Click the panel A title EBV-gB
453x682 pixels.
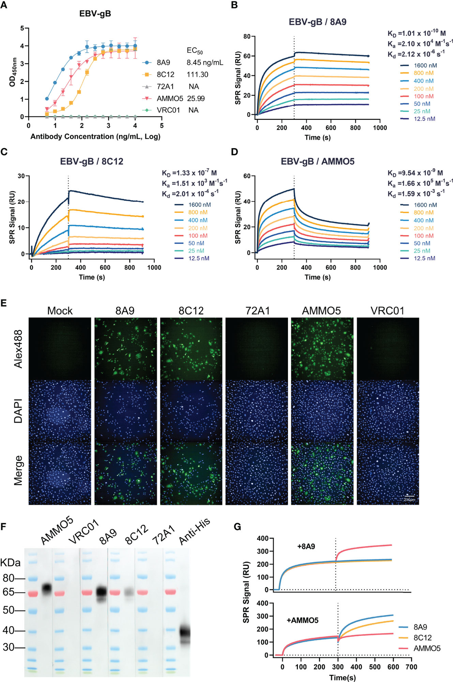click(95, 14)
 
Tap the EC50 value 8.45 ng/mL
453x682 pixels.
click(205, 62)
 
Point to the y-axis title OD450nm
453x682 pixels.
click(12, 72)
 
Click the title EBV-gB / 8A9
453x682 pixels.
click(317, 22)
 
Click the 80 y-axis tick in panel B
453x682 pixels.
click(247, 37)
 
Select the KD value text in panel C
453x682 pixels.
click(189, 173)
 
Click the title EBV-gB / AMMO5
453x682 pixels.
click(317, 162)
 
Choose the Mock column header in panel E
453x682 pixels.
click(60, 311)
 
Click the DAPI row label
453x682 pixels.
click(18, 411)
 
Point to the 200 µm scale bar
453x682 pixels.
click(409, 496)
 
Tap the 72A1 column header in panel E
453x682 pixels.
click(257, 311)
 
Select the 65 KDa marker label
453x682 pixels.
click(8, 592)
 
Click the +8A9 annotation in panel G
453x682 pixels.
click(306, 546)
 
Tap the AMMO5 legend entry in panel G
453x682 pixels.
click(427, 648)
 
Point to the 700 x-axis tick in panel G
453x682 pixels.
click(411, 667)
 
